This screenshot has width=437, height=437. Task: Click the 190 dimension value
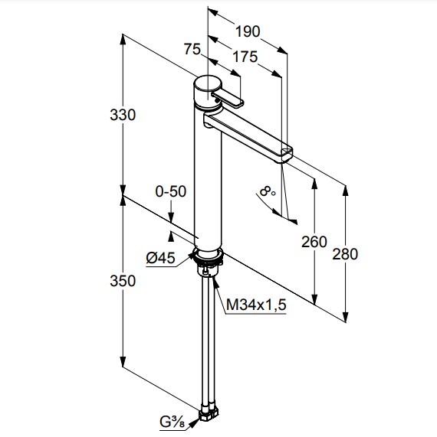coord(248,31)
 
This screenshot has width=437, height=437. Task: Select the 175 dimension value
coord(245,57)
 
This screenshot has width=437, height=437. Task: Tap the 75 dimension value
coord(192,49)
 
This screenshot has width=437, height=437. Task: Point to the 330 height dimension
coord(123,115)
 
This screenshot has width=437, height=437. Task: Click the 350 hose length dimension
coord(123,281)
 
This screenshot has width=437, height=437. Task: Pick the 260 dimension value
coord(314,242)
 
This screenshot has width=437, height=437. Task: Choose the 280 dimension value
coord(345,254)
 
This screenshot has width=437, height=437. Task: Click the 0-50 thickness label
coord(171,192)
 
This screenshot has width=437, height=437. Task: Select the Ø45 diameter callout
coord(160,258)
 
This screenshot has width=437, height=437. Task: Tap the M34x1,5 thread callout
coord(256,305)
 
